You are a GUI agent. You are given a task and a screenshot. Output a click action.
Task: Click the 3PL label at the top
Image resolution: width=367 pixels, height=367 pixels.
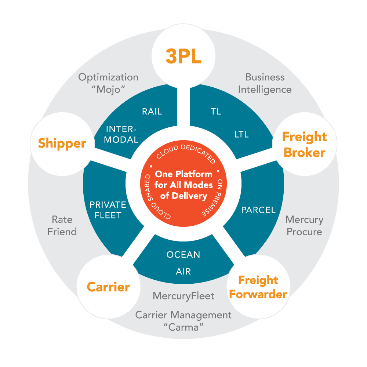(x=183, y=56)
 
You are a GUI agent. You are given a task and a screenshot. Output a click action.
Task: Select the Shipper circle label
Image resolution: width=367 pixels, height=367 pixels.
(x=62, y=143)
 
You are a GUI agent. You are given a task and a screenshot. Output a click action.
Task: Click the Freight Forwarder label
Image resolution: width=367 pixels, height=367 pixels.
(x=258, y=287)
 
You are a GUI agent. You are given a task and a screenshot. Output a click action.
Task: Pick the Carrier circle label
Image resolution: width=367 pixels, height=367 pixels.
(x=108, y=287)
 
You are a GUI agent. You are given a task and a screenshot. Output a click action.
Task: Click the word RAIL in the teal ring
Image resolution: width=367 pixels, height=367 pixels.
(x=152, y=112)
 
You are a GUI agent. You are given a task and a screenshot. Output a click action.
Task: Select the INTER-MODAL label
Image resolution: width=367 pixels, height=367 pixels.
(x=121, y=134)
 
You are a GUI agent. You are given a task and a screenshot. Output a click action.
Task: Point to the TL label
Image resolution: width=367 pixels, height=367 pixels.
(x=216, y=112)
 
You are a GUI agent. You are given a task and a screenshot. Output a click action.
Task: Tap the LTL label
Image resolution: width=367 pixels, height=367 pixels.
(x=241, y=134)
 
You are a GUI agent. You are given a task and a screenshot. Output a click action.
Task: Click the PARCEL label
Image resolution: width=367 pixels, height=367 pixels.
(x=258, y=210)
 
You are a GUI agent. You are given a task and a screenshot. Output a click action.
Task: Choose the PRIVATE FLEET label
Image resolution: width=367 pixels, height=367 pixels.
(x=108, y=210)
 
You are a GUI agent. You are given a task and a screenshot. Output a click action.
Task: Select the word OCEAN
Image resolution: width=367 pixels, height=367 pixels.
(x=183, y=254)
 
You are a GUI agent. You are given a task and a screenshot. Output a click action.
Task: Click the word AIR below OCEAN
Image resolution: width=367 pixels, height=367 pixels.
(x=183, y=272)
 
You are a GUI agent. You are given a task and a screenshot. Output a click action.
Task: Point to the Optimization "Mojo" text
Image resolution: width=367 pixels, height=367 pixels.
(x=108, y=83)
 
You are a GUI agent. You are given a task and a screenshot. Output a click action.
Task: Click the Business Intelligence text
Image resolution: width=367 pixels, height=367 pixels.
(x=265, y=83)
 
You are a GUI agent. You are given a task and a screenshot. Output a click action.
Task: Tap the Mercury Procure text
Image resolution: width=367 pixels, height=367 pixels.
(x=304, y=226)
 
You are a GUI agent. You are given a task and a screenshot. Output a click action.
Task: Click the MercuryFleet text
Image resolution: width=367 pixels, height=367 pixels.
(x=183, y=295)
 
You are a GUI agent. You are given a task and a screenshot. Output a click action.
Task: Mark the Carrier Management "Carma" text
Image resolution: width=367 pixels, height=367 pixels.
(x=183, y=321)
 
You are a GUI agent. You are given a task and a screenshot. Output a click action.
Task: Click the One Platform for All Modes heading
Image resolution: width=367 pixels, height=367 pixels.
(x=183, y=185)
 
